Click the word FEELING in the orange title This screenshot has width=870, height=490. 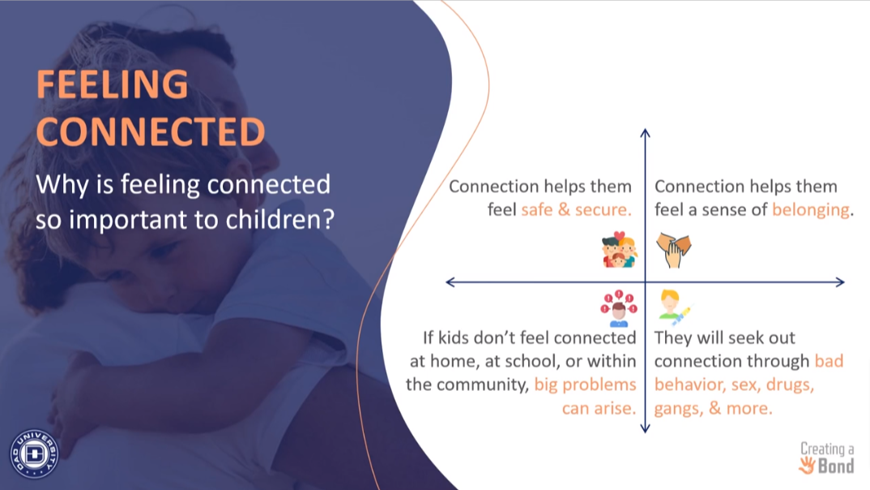point(113,84)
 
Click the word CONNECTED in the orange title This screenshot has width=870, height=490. point(151,131)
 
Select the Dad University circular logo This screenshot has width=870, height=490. point(34,453)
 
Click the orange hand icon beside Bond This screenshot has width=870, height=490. point(807,465)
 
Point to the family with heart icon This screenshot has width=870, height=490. point(619,250)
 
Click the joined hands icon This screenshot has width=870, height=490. point(674,250)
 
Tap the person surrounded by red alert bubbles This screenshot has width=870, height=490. point(619,308)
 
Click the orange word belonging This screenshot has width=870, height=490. point(810,210)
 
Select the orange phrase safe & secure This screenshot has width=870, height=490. point(576,209)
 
